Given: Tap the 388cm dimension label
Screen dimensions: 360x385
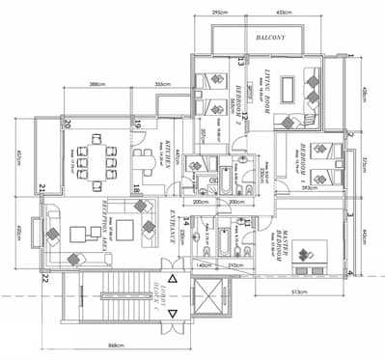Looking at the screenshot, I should pos(96,85).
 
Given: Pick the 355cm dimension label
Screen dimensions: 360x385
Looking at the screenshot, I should pos(163,85).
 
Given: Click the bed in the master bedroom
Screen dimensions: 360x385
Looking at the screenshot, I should pos(312,252).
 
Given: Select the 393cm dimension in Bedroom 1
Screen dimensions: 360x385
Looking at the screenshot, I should pos(310,188).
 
